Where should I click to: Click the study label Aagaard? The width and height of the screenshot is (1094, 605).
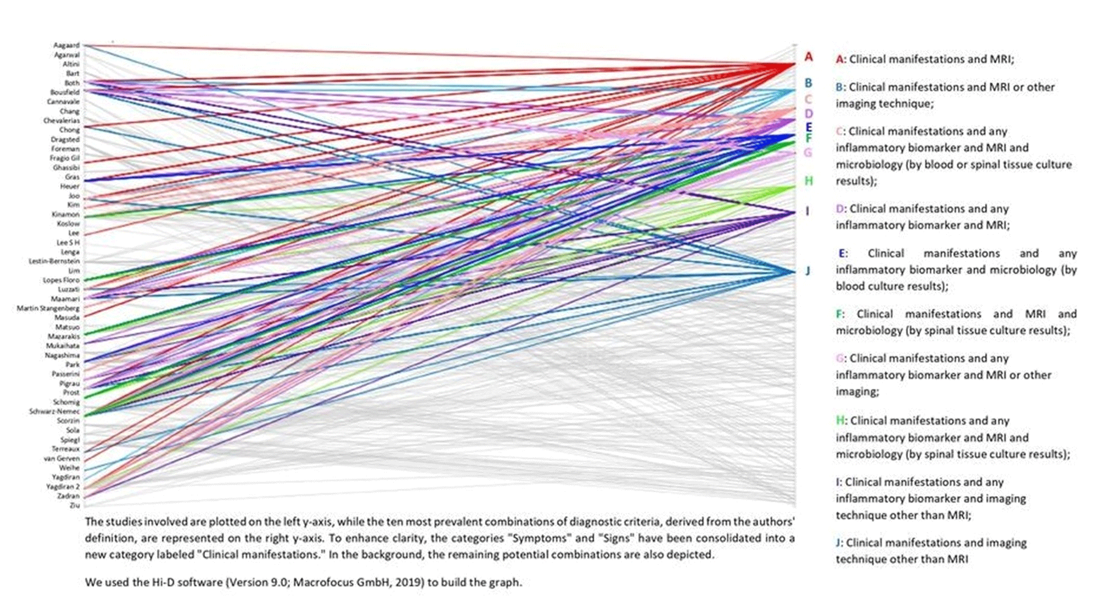click(66, 46)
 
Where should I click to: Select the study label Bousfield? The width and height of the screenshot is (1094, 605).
click(65, 92)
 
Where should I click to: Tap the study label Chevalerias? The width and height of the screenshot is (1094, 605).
click(61, 121)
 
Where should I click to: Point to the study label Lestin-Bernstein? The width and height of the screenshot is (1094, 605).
click(54, 261)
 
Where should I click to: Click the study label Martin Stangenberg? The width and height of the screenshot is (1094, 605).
click(48, 308)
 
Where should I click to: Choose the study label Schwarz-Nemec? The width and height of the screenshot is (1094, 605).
click(54, 412)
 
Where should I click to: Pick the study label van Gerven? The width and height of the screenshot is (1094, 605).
click(61, 458)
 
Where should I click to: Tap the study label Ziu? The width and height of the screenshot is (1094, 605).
click(75, 505)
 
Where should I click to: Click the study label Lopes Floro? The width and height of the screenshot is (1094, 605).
click(61, 280)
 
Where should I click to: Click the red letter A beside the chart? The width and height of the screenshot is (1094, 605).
click(808, 57)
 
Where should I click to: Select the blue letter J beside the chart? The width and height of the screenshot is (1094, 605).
click(808, 271)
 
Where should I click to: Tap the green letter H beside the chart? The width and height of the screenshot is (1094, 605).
click(809, 181)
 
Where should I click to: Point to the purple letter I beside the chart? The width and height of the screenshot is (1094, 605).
click(807, 211)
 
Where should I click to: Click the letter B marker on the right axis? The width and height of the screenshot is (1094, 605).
click(808, 83)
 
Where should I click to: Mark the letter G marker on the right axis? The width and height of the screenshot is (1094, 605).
click(808, 153)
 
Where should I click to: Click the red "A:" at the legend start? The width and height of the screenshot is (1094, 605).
click(841, 59)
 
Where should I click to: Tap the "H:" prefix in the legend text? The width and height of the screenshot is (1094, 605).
click(842, 421)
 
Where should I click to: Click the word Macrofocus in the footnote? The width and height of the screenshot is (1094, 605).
click(323, 582)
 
